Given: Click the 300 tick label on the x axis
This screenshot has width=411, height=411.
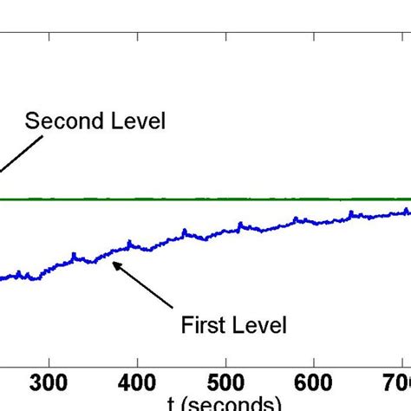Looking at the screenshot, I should coord(49,382).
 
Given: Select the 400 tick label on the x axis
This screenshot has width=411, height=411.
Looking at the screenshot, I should coord(137,382).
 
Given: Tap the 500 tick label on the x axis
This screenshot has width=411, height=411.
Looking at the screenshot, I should coord(225,382).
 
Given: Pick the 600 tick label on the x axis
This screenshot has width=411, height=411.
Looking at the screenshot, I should coord(314,382).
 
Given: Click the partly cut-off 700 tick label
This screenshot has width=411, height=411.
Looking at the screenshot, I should coord(397,382).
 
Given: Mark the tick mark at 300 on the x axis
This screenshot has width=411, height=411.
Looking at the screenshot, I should coord(49,362).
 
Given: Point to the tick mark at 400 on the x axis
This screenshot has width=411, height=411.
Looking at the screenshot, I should coord(137,362).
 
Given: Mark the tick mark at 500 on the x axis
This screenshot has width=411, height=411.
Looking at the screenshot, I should coord(225,362).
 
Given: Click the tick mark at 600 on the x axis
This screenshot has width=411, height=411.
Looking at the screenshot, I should coord(314,362).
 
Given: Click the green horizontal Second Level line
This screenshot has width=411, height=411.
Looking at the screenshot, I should coord(260,199).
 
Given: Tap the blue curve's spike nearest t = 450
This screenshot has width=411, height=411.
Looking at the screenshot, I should coord(184,231).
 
